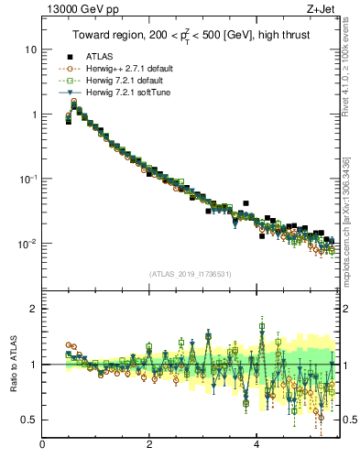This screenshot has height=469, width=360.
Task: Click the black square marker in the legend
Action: click(70, 57)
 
